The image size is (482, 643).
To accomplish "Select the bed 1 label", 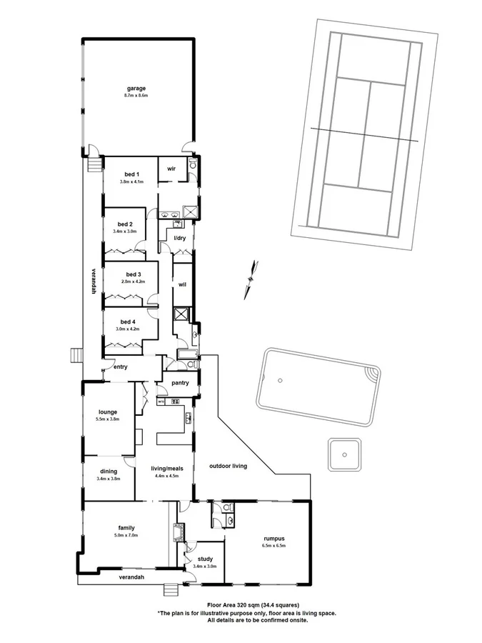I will pos(131,174).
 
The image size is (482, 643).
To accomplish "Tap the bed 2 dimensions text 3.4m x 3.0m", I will pos(125,231).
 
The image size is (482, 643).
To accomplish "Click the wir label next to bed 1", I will pos(171,169).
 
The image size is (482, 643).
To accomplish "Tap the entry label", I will pos(120,368).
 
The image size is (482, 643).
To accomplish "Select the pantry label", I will pos(181,382).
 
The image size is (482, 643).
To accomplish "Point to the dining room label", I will pos(109,471).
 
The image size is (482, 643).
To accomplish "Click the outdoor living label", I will pos(228,466).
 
